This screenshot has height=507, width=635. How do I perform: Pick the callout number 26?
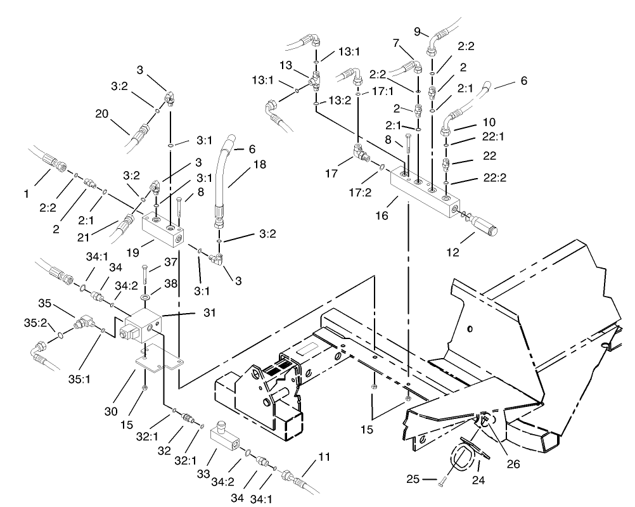(x=513, y=464)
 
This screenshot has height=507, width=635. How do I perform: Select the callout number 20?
(x=102, y=114)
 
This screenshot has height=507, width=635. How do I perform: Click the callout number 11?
(x=324, y=456)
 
